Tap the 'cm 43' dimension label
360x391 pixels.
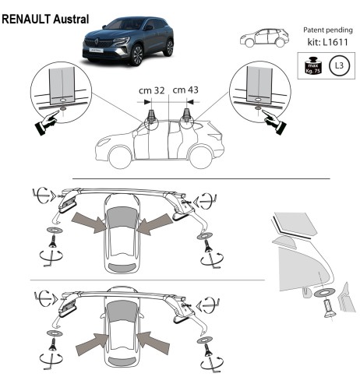coord(185,90)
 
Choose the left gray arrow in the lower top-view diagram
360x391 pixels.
coord(91,341)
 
